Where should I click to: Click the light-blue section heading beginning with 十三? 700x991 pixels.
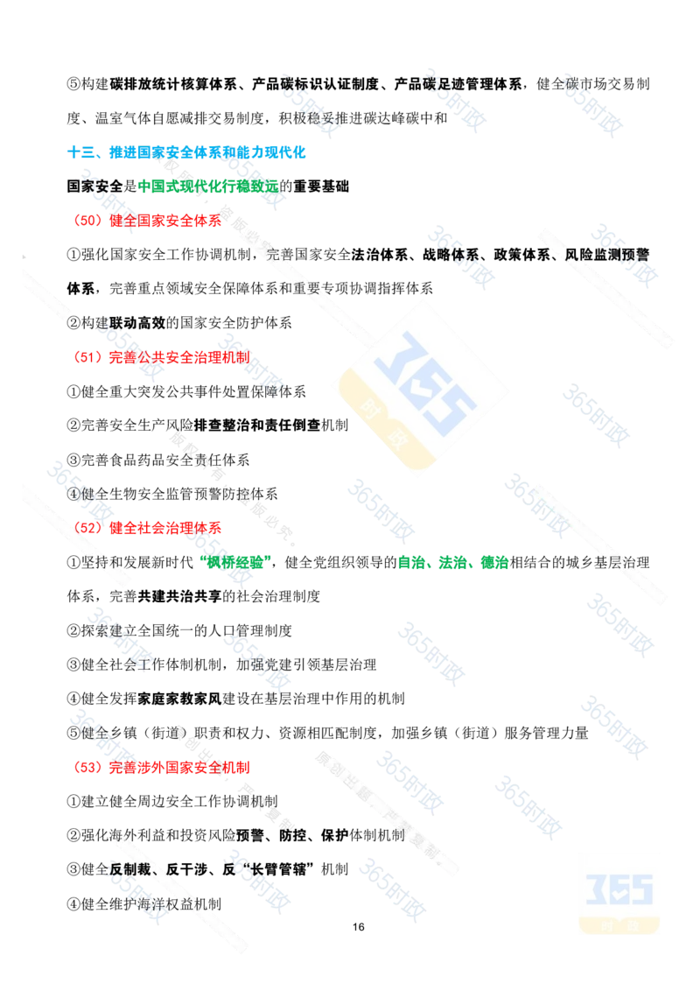point(186,151)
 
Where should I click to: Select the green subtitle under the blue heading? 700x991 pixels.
point(208,186)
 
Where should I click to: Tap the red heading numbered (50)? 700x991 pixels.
point(147,221)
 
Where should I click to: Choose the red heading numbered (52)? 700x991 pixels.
point(147,527)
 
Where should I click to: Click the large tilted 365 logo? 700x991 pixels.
point(423,386)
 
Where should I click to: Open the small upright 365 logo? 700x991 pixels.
point(619,891)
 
